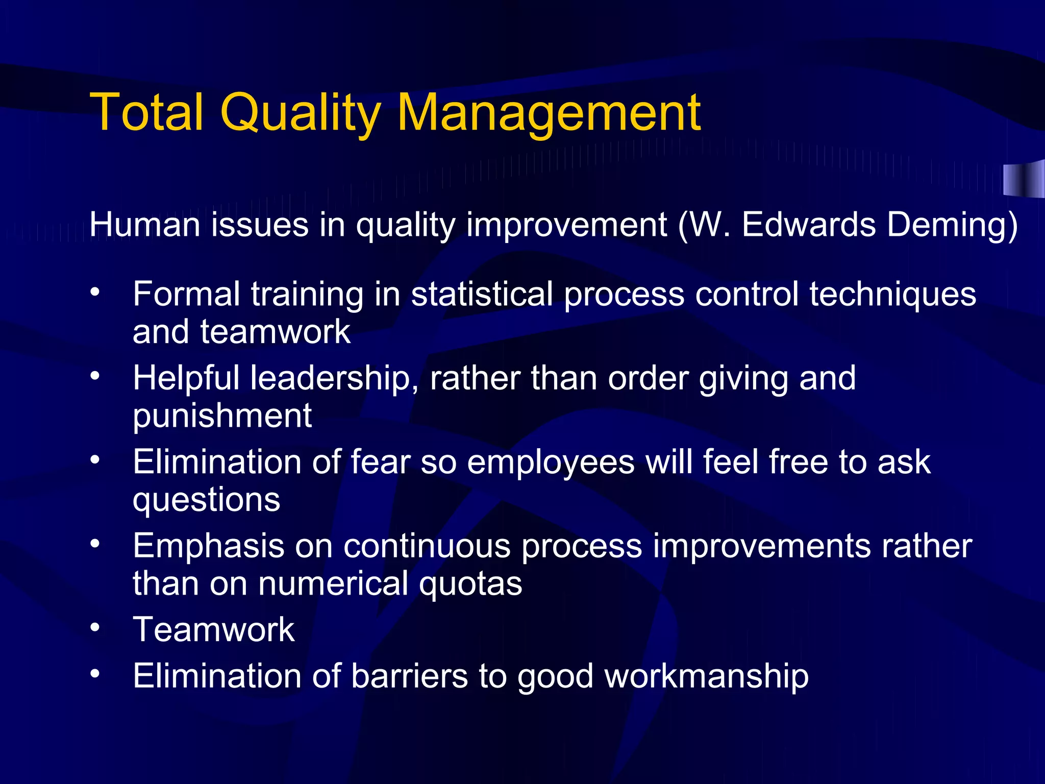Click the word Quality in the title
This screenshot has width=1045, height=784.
[301, 113]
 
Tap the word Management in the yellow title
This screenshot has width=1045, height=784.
[549, 113]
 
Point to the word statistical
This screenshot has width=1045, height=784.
[482, 295]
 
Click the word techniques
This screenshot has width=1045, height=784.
[892, 295]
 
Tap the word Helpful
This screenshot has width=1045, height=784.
[186, 379]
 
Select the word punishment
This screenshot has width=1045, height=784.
[222, 416]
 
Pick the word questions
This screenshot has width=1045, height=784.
[206, 500]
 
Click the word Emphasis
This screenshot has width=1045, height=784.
[208, 546]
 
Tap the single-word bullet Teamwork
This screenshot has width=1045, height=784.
[214, 629]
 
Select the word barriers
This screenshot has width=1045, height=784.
[409, 676]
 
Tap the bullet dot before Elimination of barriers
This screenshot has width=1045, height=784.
[95, 674]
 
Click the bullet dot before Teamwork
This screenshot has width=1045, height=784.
[95, 627]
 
